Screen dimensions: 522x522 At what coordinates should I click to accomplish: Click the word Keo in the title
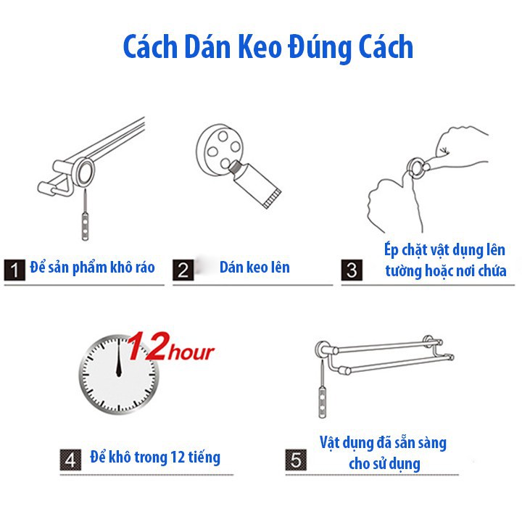(x=260, y=46)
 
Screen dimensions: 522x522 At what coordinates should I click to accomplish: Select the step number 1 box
(x=14, y=270)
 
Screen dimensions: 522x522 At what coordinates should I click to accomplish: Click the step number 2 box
(x=183, y=270)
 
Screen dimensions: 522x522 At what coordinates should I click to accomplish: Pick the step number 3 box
(x=352, y=270)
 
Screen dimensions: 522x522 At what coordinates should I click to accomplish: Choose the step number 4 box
(x=70, y=460)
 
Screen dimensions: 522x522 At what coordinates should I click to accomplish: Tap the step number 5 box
(x=296, y=460)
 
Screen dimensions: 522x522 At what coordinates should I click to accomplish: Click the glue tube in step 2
(x=254, y=183)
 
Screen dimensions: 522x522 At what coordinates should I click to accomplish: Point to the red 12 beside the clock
(x=146, y=347)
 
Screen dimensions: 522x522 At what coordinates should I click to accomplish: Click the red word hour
(x=191, y=352)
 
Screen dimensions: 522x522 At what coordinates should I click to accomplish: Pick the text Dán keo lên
(x=254, y=268)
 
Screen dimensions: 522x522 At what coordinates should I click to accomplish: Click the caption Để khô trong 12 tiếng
(x=155, y=457)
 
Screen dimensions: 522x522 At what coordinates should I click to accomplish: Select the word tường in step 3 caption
(x=398, y=271)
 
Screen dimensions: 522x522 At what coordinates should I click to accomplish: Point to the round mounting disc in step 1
(x=86, y=173)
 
